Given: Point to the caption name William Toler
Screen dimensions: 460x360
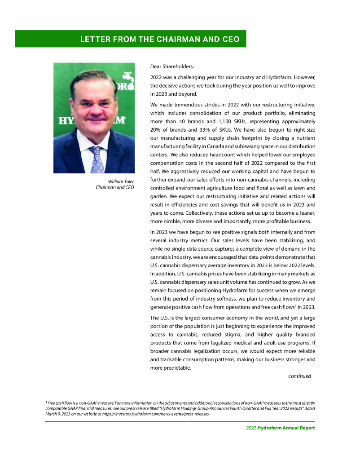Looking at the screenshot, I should tap(121, 181).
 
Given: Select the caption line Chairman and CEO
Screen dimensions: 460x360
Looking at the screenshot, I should tap(115, 187).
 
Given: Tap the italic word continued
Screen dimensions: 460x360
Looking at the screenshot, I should tap(299, 376).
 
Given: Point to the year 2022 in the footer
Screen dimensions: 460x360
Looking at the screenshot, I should tap(251, 428).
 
